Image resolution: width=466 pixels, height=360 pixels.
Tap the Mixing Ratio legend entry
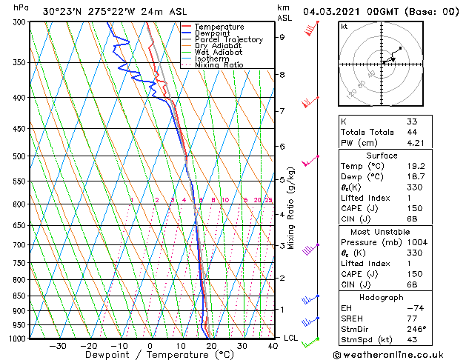pyautogui.click(x=219, y=65)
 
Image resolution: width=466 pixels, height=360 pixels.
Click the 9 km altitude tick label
pyautogui.click(x=282, y=36)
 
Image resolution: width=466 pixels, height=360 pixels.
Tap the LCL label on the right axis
pyautogui.click(x=291, y=338)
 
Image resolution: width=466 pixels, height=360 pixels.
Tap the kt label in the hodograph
pyautogui.click(x=345, y=26)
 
